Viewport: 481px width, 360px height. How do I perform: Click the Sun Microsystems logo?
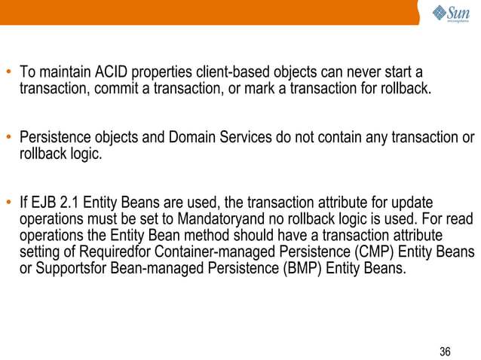(x=452, y=14)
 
